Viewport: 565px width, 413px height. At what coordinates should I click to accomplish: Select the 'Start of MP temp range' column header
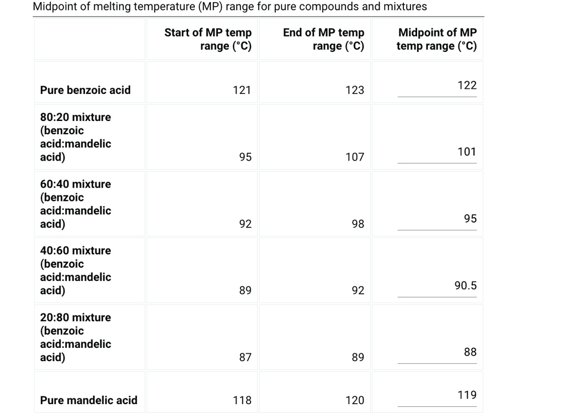coord(208,39)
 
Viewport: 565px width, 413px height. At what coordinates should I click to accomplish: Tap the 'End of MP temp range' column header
coord(324,39)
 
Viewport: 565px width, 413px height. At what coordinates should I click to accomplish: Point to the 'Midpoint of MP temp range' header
coord(437,39)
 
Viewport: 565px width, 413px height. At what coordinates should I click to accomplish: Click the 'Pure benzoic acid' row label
coord(86,90)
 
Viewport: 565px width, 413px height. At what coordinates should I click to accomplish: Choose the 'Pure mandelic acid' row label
coord(89,400)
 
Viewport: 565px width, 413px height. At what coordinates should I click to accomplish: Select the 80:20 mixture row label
coord(76,137)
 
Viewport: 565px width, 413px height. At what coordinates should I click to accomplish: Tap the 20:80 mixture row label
coord(76,337)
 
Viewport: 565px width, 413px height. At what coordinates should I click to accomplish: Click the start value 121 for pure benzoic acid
coord(242,90)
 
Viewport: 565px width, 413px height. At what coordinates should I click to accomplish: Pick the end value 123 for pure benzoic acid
coord(355,90)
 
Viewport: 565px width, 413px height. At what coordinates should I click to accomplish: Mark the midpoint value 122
coord(467,85)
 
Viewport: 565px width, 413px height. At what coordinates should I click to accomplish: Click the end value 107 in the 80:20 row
coord(355,157)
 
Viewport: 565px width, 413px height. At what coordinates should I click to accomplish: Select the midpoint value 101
coord(467,152)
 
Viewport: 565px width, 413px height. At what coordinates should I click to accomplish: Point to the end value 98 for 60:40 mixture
coord(358,224)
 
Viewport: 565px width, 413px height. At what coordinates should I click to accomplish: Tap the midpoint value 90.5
coord(465,285)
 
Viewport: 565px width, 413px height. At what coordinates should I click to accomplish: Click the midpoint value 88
coord(470,352)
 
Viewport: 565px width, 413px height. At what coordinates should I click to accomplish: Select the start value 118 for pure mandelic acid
coord(242,400)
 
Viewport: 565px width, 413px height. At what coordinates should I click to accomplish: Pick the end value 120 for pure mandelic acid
coord(355,400)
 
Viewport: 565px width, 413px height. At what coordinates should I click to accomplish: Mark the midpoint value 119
coord(467,395)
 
